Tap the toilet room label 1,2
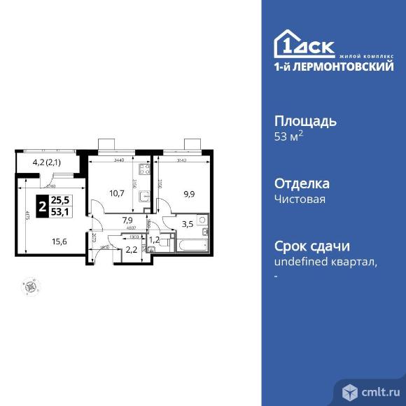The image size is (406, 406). (155, 239)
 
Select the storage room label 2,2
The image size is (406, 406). (131, 249)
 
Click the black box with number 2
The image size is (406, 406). (43, 207)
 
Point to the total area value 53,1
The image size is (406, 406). (62, 213)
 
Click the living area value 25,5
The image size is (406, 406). (62, 200)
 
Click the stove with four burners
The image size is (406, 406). (144, 169)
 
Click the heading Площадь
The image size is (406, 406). (304, 120)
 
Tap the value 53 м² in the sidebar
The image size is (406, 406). (288, 136)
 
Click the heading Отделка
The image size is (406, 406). (301, 183)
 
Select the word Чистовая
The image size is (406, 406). (299, 199)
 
